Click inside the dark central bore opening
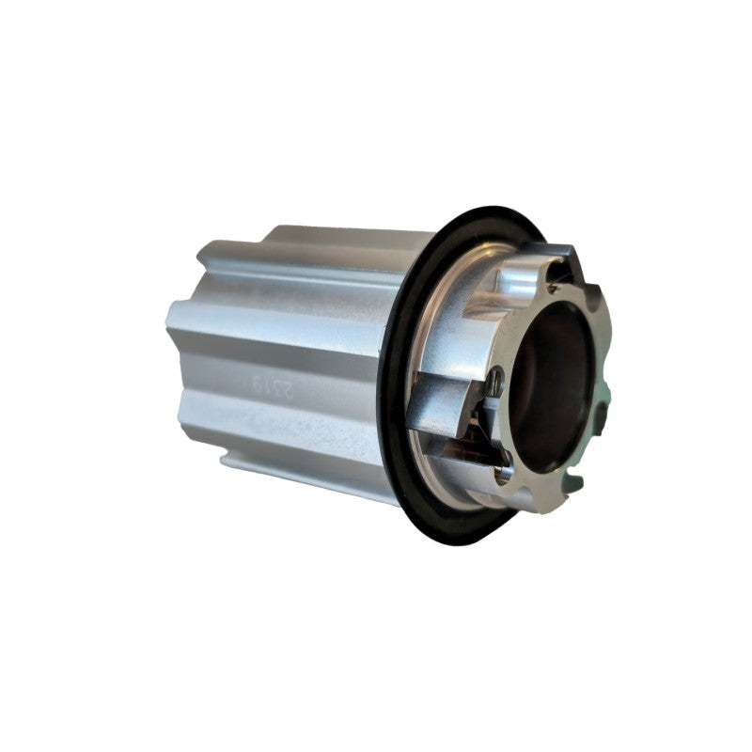pyautogui.click(x=555, y=385)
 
